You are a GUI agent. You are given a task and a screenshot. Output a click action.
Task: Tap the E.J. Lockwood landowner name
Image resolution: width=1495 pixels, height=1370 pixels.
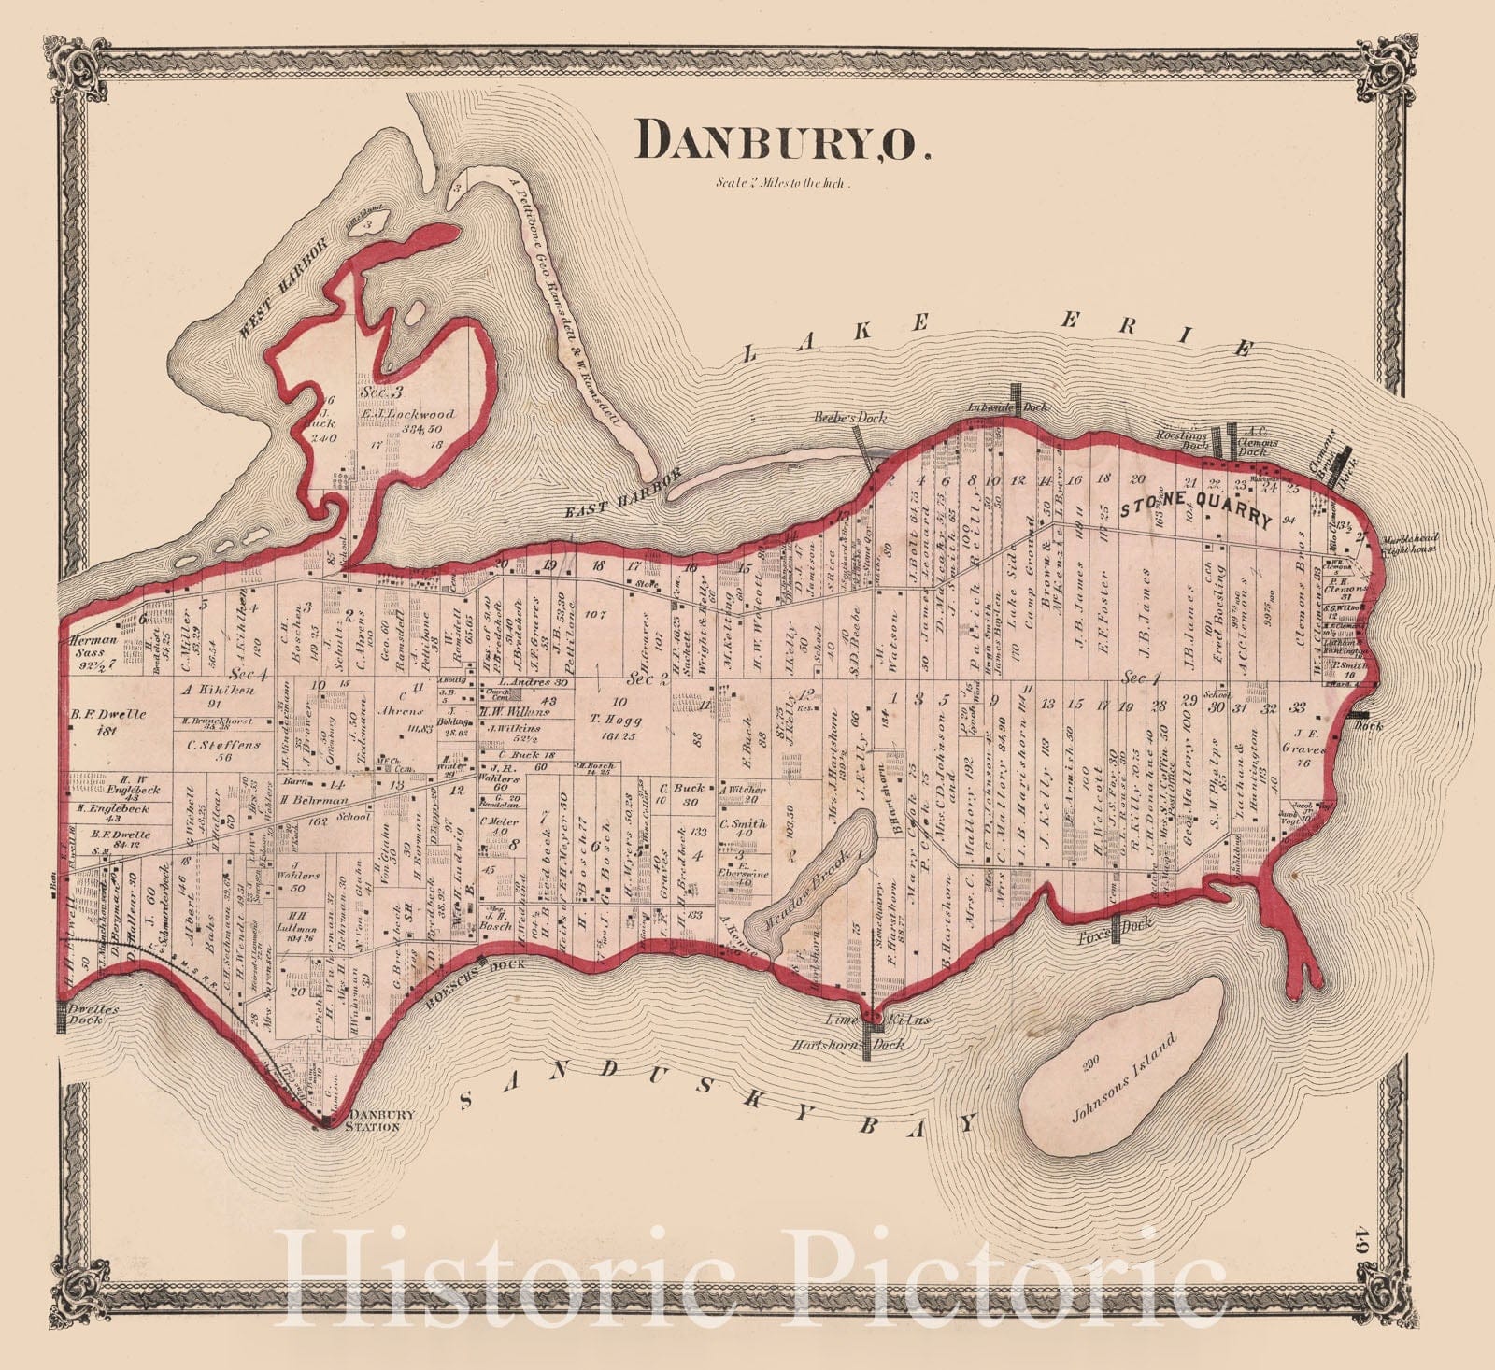[407, 414]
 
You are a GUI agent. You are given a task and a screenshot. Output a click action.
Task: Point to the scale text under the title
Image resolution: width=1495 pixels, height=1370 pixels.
[782, 183]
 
